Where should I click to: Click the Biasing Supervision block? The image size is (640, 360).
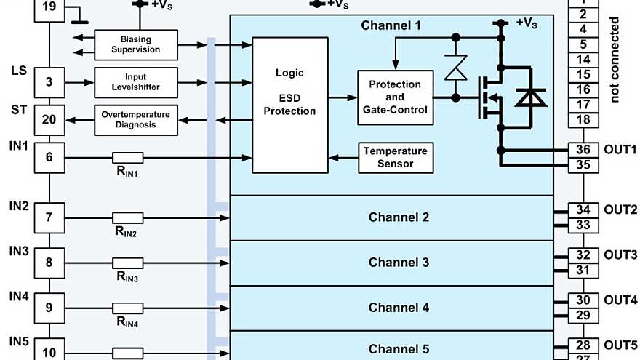[136, 44]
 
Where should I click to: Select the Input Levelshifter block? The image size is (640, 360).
[136, 81]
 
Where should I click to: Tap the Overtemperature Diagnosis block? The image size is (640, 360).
[136, 119]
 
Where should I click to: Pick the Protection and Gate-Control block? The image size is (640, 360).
[395, 97]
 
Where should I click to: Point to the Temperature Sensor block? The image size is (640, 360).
[395, 157]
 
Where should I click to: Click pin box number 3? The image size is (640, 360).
[49, 81]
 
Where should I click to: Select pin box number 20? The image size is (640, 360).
[49, 119]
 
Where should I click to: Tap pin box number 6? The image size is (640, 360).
[49, 157]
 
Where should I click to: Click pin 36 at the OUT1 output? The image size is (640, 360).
[583, 150]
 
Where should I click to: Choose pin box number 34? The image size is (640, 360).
[583, 210]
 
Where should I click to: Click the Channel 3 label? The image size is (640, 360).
[399, 263]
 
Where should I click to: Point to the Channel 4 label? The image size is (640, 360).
[399, 308]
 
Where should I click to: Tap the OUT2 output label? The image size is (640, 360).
[620, 209]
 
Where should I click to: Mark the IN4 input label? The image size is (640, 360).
[19, 297]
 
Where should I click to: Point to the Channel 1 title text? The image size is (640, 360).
[391, 25]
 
